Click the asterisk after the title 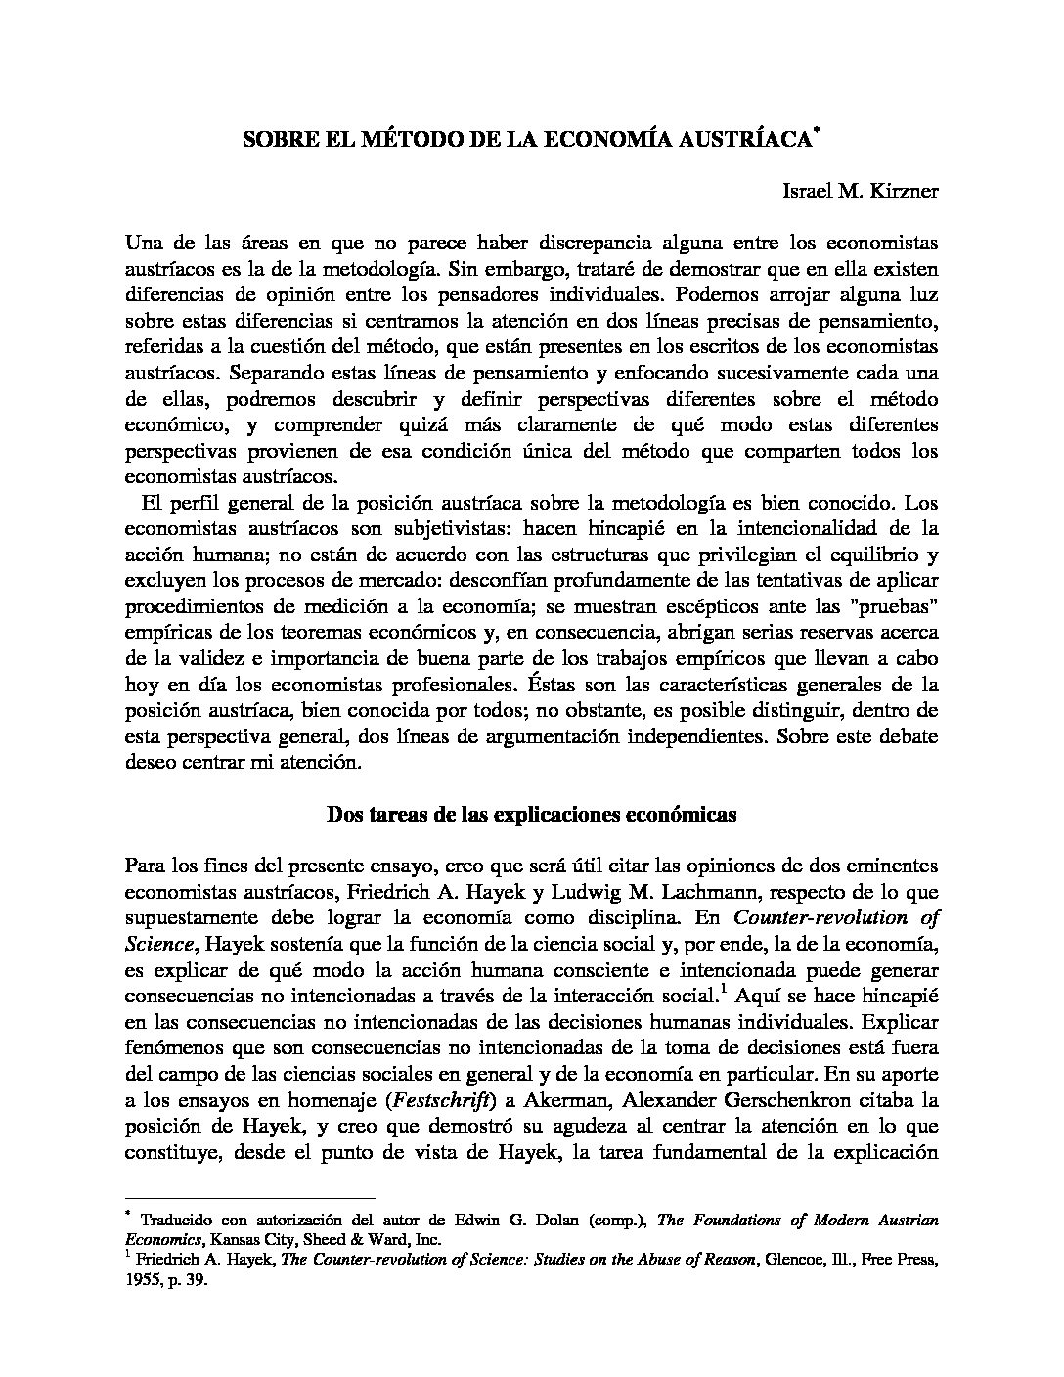click(815, 130)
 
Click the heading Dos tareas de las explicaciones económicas click(531, 814)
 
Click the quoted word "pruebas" click(897, 605)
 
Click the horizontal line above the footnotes click(250, 1197)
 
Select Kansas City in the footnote click(233, 1239)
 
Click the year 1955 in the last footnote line click(143, 1279)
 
